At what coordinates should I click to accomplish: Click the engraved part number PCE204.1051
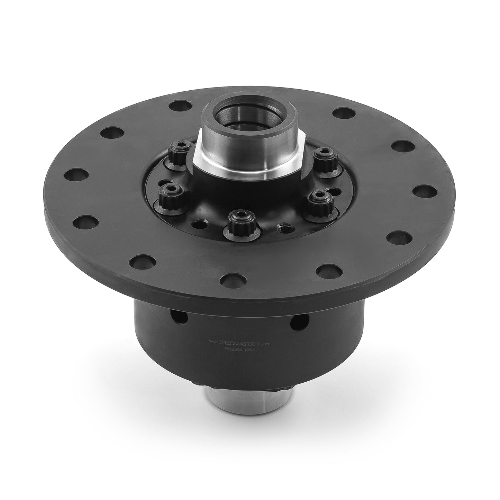click(239, 349)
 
